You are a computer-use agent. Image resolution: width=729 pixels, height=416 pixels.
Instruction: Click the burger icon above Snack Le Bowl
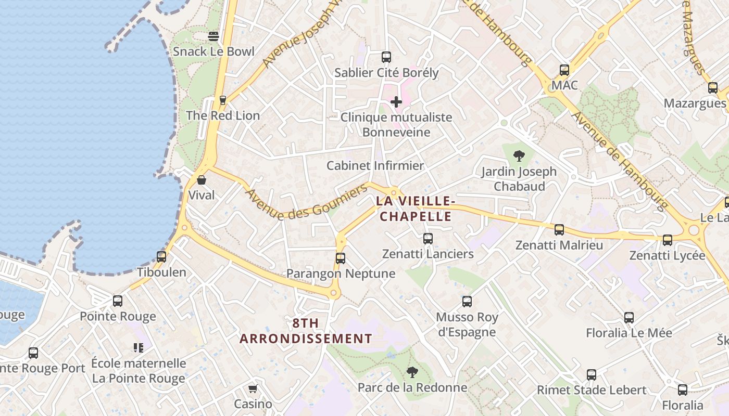[213, 36]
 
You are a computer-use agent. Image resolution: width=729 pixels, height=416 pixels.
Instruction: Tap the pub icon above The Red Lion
[223, 100]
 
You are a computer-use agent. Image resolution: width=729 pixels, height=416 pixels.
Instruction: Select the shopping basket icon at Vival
[202, 180]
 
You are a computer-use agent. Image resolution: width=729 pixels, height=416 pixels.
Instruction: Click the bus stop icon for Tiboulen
[161, 257]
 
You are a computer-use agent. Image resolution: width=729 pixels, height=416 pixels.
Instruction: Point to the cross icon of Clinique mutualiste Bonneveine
[396, 102]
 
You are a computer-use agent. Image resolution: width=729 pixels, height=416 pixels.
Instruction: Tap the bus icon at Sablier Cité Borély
[386, 57]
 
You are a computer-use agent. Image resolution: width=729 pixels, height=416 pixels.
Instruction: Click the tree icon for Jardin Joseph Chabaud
[519, 155]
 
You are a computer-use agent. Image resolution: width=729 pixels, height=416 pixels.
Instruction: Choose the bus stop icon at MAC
[564, 70]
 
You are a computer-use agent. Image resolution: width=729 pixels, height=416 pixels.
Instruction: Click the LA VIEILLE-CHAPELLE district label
[416, 209]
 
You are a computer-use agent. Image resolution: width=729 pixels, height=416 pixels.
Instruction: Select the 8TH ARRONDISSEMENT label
[306, 331]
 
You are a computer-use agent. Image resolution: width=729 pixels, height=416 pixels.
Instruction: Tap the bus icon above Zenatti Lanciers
[428, 239]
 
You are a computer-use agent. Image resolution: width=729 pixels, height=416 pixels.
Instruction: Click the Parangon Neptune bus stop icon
[341, 258]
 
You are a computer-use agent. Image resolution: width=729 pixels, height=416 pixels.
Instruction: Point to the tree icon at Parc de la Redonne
[412, 372]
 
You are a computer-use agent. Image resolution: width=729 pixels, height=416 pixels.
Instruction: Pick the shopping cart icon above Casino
[253, 389]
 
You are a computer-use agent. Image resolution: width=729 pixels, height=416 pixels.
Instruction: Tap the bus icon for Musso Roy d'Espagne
[467, 302]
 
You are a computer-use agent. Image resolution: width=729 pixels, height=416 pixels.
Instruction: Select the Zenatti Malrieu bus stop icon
[559, 230]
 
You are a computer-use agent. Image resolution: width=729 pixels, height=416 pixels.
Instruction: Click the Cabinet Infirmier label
[375, 166]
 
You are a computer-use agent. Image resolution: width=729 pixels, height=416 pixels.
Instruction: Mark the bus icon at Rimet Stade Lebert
[592, 375]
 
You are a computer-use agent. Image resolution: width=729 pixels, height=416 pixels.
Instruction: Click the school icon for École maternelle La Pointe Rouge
[139, 348]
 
